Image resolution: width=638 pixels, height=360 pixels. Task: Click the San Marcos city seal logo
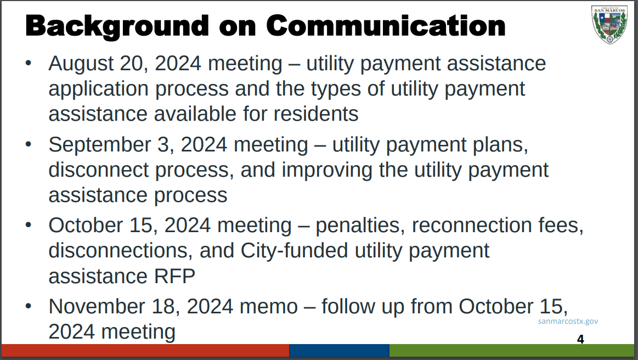pos(609,25)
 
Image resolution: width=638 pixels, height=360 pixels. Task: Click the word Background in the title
pos(117,26)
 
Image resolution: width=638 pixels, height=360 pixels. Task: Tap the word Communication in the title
pos(386,26)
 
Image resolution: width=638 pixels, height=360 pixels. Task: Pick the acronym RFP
pos(174,276)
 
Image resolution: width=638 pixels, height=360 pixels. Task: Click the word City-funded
pos(294,251)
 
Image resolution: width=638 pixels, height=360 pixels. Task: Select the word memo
pos(269,307)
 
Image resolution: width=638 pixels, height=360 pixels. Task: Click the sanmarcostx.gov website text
pos(568,321)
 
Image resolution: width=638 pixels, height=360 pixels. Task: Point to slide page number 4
pos(580,339)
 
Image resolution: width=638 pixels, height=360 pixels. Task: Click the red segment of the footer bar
pos(145,350)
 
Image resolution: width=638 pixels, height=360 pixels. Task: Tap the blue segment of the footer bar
pos(340,350)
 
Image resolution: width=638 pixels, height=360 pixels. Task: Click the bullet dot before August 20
pos(28,63)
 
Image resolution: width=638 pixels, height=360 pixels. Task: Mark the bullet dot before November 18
pos(28,306)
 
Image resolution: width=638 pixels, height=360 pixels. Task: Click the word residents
pos(316,114)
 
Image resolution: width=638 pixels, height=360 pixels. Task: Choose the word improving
pos(327,170)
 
